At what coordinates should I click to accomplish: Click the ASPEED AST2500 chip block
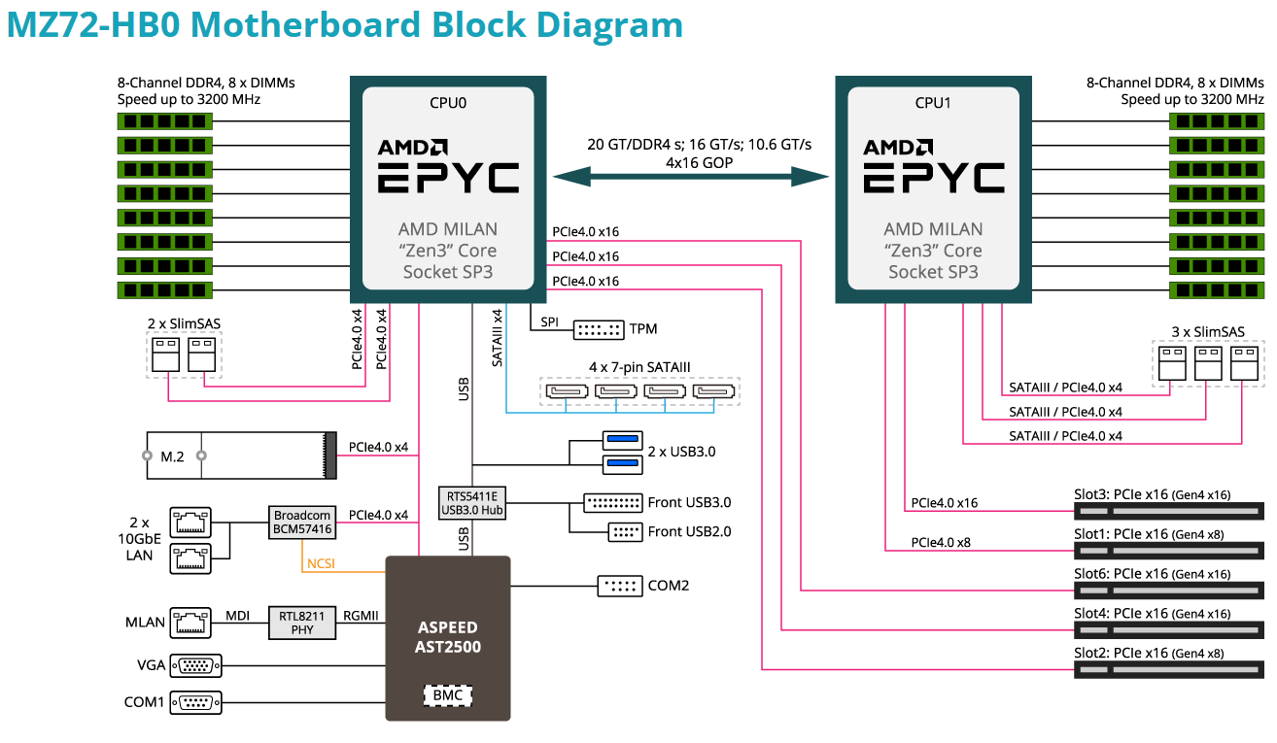448,637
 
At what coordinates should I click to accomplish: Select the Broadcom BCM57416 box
302,522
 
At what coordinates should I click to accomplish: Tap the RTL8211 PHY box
302,622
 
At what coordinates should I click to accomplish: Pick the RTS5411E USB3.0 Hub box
471,502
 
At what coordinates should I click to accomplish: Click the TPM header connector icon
598,329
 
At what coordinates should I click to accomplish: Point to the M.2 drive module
237,456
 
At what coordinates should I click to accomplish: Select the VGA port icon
195,665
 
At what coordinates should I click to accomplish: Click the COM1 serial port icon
195,701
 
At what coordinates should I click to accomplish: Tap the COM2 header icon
619,586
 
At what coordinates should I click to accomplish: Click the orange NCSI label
321,563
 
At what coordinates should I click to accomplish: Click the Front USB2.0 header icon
624,531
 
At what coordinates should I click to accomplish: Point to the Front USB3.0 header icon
611,502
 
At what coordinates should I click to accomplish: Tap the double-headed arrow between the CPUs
690,177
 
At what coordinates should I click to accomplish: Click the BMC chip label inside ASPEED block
448,694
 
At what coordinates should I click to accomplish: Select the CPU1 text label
933,103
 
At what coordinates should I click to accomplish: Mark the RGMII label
360,615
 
